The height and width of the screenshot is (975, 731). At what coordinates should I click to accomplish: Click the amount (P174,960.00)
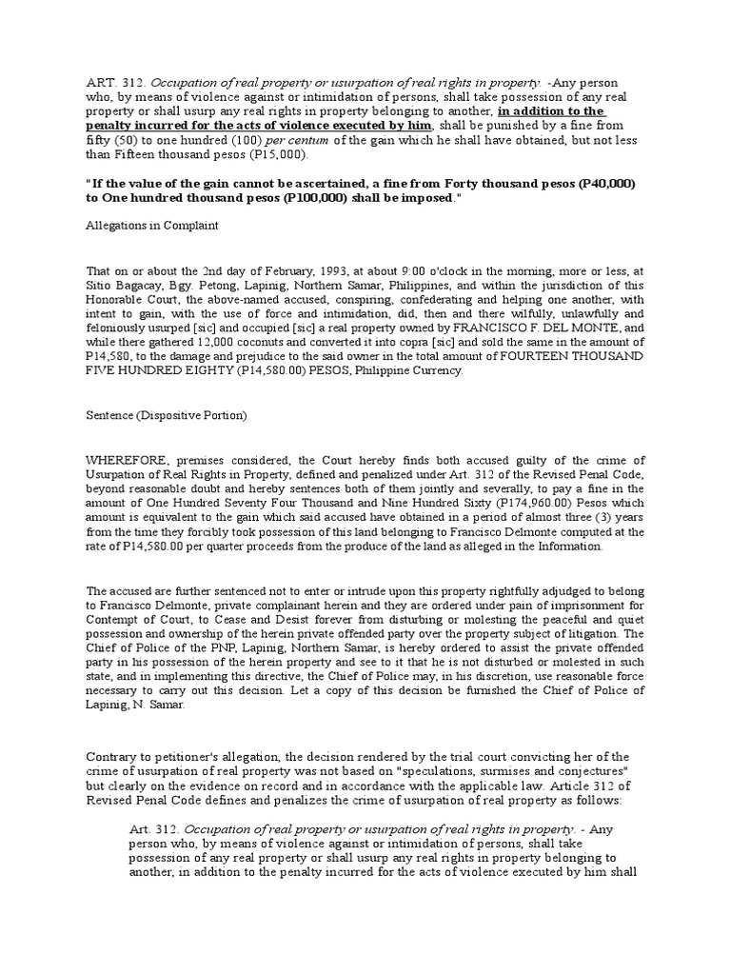coord(446,506)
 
